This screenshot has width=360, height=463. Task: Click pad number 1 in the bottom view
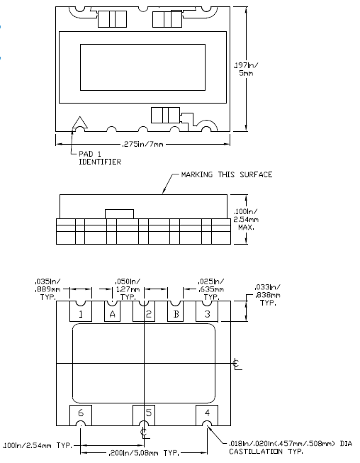pos(81,311)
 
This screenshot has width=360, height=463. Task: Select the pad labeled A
pos(112,311)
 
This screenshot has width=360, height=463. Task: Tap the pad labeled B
pos(175,311)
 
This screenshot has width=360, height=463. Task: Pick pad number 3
pos(207,311)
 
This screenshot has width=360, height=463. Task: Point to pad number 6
pos(81,415)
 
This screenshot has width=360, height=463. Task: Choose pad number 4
pos(207,415)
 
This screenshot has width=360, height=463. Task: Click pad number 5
pos(144,415)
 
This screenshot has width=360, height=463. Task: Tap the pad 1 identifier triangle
pos(80,123)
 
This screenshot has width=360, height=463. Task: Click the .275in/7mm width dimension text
pos(142,145)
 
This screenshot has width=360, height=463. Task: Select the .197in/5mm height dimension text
pos(245,69)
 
